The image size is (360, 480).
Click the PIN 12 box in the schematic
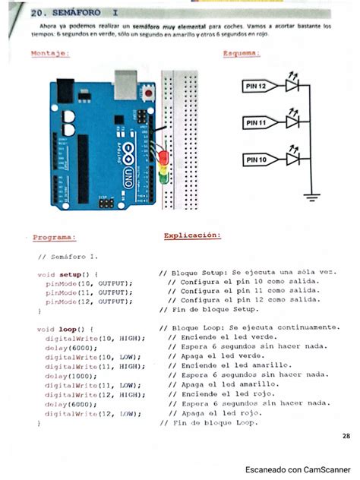[256, 87]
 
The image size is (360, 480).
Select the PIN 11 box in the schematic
[256, 122]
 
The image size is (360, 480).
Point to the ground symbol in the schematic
[310, 197]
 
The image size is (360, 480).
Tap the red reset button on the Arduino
[149, 93]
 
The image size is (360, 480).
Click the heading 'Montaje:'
[51, 53]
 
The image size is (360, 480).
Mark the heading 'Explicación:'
[192, 235]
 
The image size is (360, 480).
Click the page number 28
[346, 435]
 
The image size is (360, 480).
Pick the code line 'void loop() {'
[65, 328]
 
